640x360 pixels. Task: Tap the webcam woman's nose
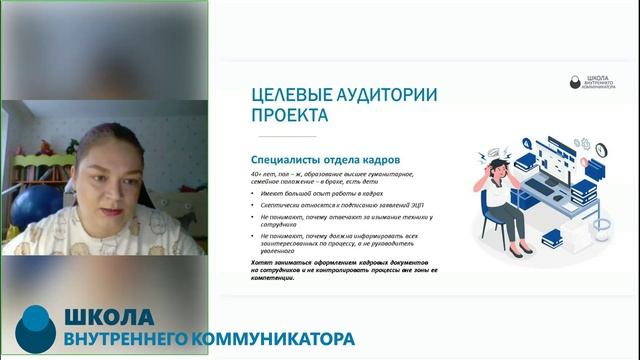point(104,179)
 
